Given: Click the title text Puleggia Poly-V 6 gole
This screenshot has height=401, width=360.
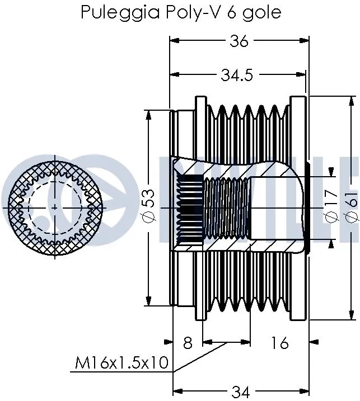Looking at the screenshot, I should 180,12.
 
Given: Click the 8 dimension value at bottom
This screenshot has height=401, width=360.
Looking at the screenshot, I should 187,343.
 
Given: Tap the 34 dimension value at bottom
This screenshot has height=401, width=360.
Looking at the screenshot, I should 241,392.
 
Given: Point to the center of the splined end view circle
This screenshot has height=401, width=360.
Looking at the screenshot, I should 54,207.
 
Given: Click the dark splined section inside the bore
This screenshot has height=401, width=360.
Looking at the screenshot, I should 189,207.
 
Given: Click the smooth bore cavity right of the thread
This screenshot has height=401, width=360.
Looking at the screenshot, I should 277,207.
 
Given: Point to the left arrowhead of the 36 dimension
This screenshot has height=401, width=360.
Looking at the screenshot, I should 173,41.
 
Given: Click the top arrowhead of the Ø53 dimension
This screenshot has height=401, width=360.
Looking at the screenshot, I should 148,113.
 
